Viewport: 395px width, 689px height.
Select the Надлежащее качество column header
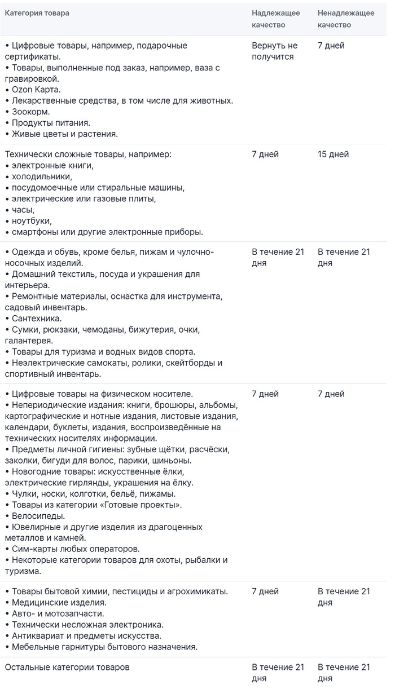(x=275, y=19)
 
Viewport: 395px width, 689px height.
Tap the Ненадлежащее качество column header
(x=345, y=19)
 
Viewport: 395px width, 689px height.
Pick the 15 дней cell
(x=333, y=154)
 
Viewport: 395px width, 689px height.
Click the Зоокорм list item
(x=28, y=112)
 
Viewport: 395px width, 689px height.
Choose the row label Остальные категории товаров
(x=67, y=668)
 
